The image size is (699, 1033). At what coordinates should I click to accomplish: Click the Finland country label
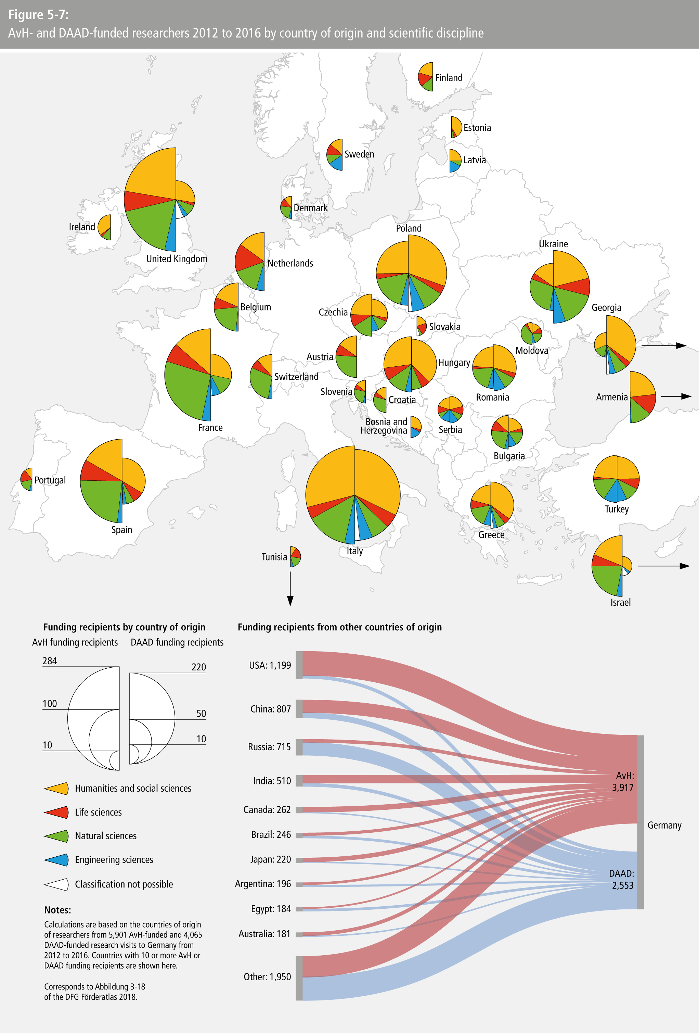(449, 78)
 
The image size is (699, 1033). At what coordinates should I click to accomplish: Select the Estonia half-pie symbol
(456, 127)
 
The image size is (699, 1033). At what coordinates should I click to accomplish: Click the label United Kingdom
(177, 259)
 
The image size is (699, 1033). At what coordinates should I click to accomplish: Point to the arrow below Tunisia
(290, 589)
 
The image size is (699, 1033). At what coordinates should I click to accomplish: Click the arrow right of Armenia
(676, 396)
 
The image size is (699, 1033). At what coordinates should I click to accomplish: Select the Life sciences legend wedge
(57, 812)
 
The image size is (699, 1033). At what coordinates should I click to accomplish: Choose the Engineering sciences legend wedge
(57, 860)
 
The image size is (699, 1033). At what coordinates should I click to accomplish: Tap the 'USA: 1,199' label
(270, 665)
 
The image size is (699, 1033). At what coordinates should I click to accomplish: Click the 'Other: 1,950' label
(267, 977)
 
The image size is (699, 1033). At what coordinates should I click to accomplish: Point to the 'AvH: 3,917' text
(623, 781)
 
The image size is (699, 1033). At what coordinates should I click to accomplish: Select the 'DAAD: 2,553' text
(621, 879)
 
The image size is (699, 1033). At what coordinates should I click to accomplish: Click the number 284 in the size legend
(50, 661)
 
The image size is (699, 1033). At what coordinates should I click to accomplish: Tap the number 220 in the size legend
(198, 667)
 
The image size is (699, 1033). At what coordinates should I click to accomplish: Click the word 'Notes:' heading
(58, 910)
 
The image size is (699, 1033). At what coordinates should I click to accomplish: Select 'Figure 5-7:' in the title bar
(38, 15)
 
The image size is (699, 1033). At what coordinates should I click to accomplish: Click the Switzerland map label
(296, 377)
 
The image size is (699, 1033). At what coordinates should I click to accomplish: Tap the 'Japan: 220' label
(270, 859)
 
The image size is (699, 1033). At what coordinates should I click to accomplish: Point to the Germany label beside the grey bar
(664, 825)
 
